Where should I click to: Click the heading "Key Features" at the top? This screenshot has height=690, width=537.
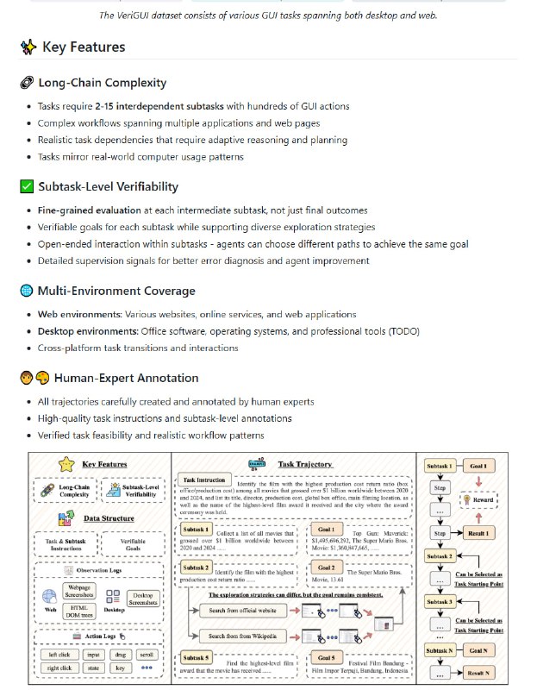click(x=83, y=47)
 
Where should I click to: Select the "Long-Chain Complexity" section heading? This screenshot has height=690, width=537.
click(x=103, y=83)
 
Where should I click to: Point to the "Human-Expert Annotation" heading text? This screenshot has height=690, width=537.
click(x=126, y=378)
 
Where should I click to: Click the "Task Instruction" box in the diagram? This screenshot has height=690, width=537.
click(x=204, y=480)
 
